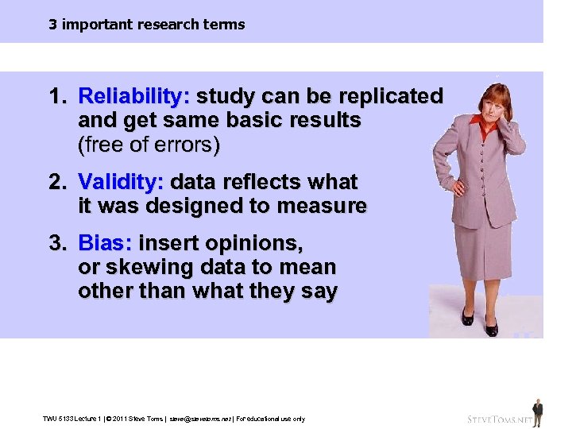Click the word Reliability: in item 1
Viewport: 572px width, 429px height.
pyautogui.click(x=133, y=97)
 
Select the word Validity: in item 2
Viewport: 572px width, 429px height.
pyautogui.click(x=121, y=182)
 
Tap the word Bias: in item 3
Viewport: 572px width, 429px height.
pyautogui.click(x=106, y=242)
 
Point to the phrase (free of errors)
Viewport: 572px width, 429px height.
pyautogui.click(x=149, y=145)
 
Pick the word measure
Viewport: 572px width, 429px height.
pyautogui.click(x=327, y=207)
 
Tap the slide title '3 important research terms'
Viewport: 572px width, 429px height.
pyautogui.click(x=146, y=25)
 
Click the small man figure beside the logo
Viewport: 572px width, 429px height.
pyautogui.click(x=538, y=412)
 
